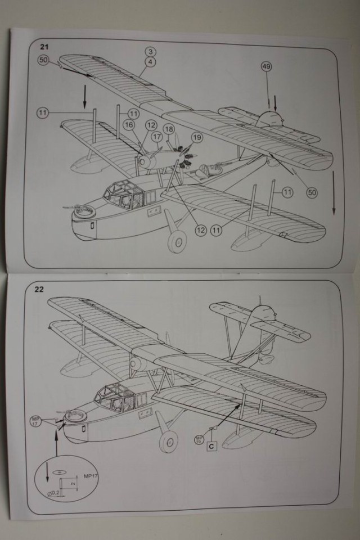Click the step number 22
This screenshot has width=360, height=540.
pyautogui.click(x=39, y=290)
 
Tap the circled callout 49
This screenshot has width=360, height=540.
pyautogui.click(x=267, y=67)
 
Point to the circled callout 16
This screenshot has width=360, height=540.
pyautogui.click(x=129, y=125)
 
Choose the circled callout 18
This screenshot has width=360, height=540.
pyautogui.click(x=169, y=129)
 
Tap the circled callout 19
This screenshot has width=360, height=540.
pyautogui.click(x=196, y=137)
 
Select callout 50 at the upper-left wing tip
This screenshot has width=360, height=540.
pyautogui.click(x=43, y=59)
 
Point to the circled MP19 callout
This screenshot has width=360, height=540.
pyautogui.click(x=199, y=438)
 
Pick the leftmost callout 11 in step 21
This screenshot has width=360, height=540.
pyautogui.click(x=43, y=112)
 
